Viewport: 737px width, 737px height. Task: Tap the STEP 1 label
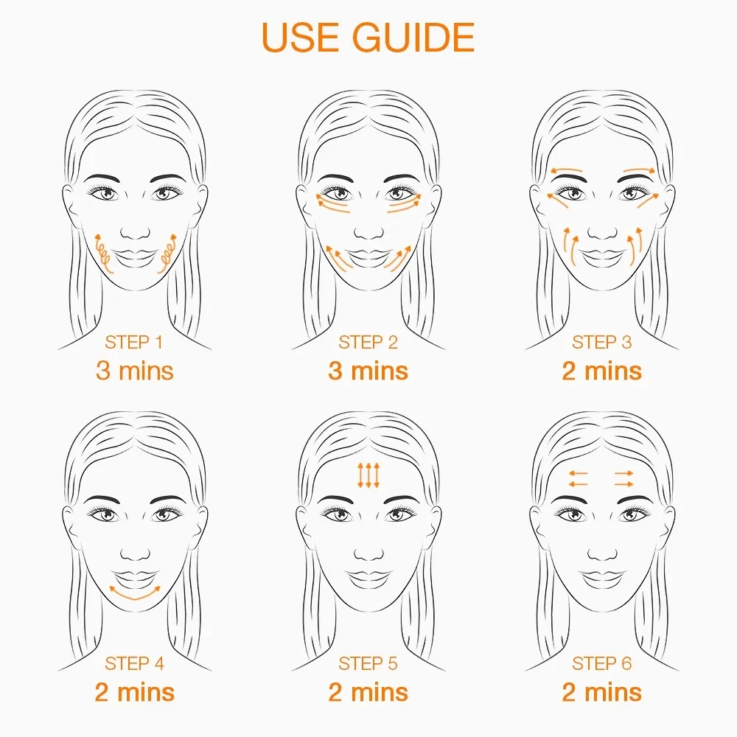[134, 342]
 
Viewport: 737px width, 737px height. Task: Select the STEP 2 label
[368, 342]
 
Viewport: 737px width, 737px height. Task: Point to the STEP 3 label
[601, 342]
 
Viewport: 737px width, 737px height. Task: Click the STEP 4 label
[134, 663]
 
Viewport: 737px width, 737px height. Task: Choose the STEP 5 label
[368, 663]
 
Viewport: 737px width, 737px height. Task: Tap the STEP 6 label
[601, 663]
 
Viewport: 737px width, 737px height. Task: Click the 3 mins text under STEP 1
[134, 370]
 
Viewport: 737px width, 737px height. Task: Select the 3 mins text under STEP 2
[368, 370]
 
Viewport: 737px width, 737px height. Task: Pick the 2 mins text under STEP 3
[601, 370]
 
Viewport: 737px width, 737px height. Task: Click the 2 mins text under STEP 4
[134, 692]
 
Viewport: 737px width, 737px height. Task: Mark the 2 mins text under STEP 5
[368, 692]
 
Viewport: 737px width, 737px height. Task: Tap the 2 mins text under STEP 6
[601, 692]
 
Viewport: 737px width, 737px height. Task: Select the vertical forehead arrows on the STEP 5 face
[368, 475]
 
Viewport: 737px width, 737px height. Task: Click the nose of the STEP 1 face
[135, 230]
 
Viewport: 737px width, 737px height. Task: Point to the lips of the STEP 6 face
[601, 576]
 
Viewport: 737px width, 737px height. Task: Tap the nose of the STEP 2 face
[368, 230]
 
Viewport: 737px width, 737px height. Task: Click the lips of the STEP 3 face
[601, 256]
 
